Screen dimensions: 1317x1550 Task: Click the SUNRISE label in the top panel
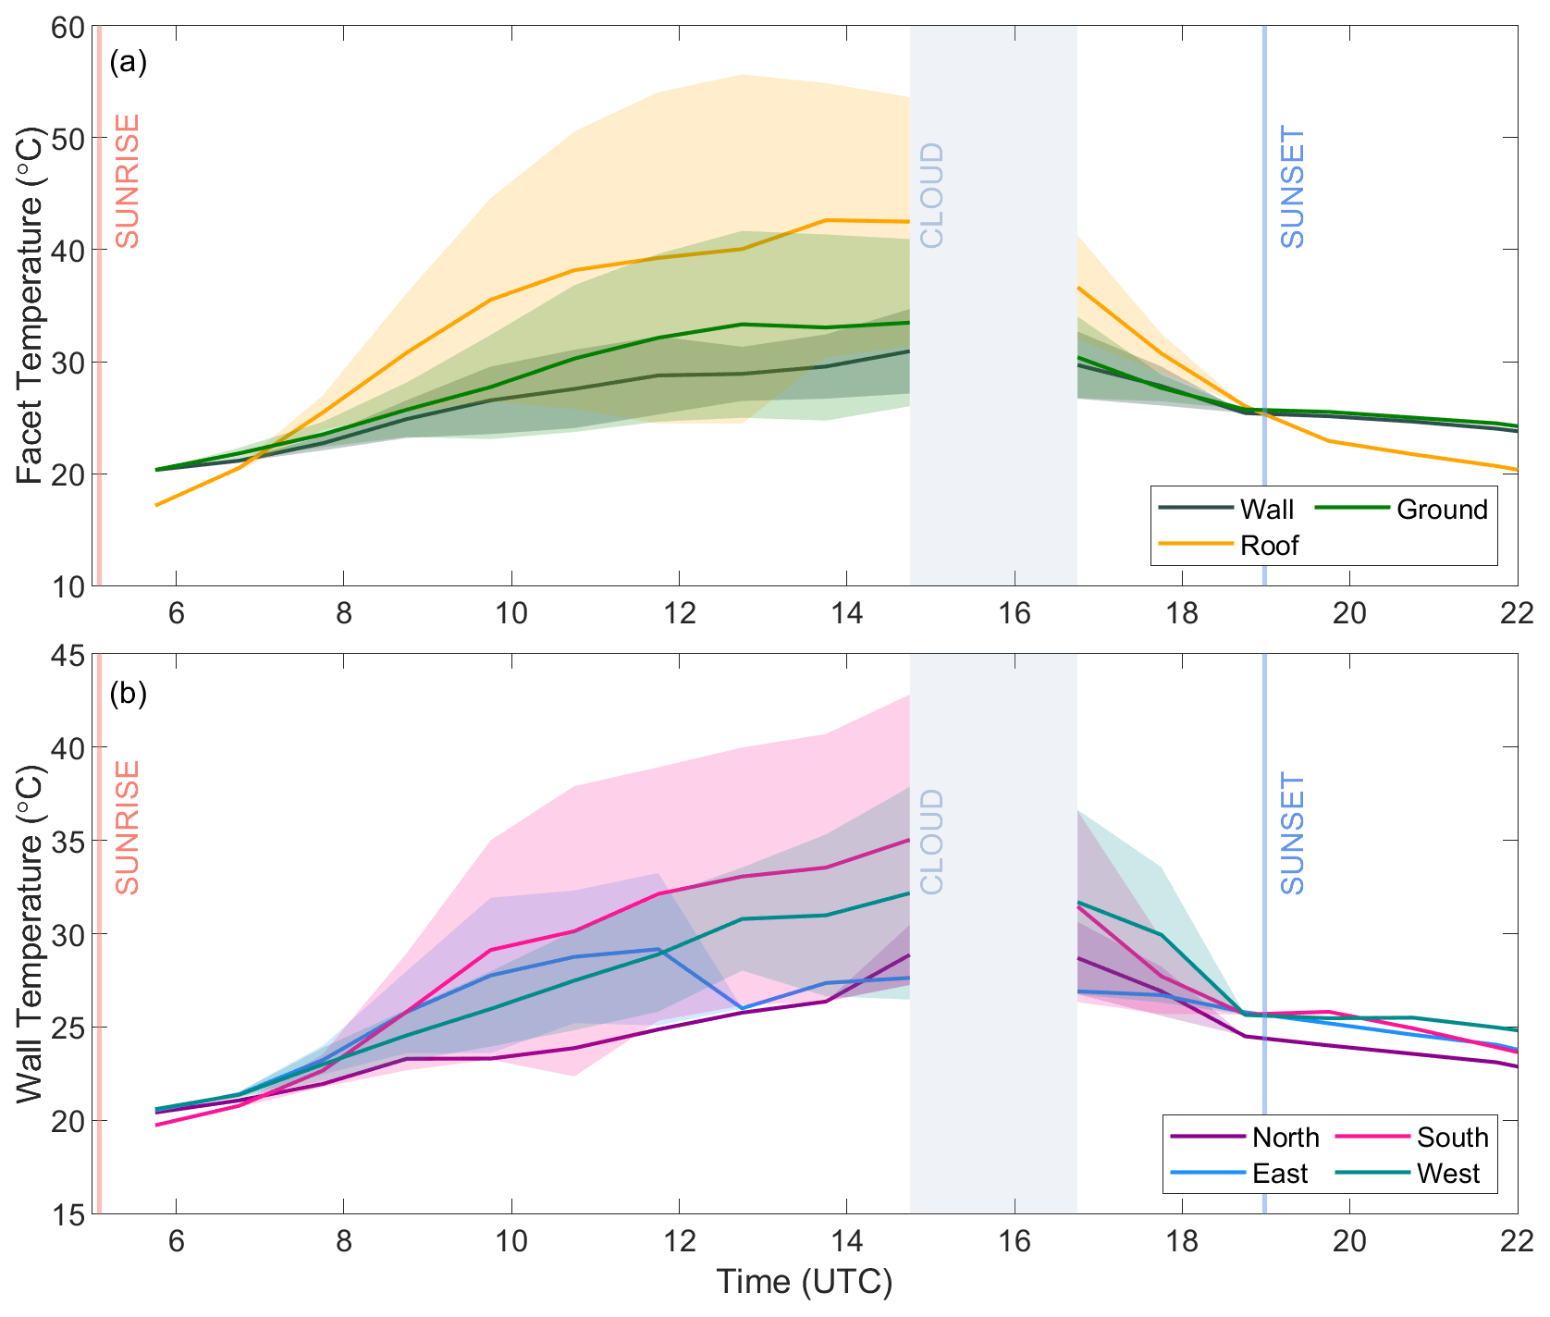tap(127, 181)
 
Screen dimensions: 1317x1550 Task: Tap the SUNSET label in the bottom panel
tap(1292, 833)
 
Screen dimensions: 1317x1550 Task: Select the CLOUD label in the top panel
tap(932, 195)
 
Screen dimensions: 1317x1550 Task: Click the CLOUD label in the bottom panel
tap(932, 842)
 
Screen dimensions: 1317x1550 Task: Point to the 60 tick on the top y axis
tap(68, 27)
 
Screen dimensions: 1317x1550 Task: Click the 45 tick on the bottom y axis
tap(68, 656)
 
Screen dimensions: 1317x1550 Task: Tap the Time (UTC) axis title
tap(805, 1282)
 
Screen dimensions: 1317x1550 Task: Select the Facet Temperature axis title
tap(30, 305)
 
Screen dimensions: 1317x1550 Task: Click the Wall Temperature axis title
tap(30, 934)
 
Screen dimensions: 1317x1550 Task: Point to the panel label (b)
tap(129, 694)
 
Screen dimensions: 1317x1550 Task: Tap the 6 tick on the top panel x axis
tap(176, 612)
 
